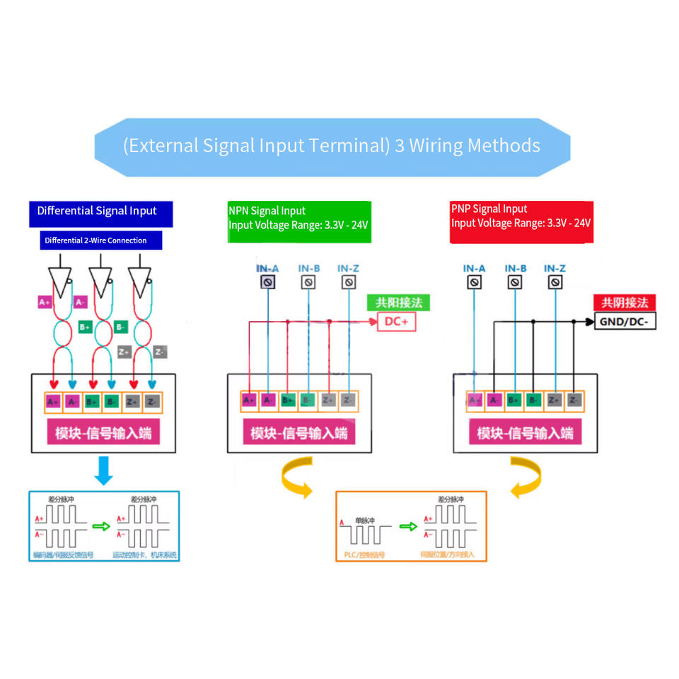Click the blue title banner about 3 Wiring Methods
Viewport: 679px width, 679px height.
coord(332,146)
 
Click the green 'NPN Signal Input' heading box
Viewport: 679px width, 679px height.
coord(298,219)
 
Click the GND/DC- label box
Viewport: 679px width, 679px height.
coord(625,323)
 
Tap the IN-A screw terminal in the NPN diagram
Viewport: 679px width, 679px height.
coord(267,282)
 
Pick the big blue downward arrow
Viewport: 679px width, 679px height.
coord(103,470)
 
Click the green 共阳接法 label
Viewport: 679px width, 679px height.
coord(398,303)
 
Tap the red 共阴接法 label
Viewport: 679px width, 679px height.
coord(624,303)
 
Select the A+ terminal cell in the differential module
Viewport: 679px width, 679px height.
coord(53,402)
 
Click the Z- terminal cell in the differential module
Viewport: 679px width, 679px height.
coord(152,402)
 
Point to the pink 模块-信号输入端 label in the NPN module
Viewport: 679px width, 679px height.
coord(299,433)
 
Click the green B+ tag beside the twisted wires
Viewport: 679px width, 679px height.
coord(85,327)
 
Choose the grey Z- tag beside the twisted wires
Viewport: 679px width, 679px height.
coord(160,352)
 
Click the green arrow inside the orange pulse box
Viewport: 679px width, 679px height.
coord(408,526)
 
